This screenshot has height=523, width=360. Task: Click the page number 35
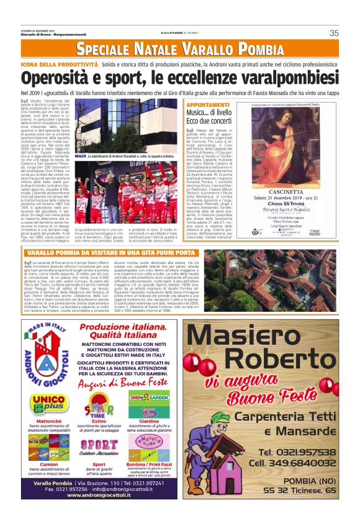pyautogui.click(x=335, y=33)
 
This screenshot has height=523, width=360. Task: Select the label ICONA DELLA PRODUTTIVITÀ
pyautogui.click(x=60, y=65)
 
